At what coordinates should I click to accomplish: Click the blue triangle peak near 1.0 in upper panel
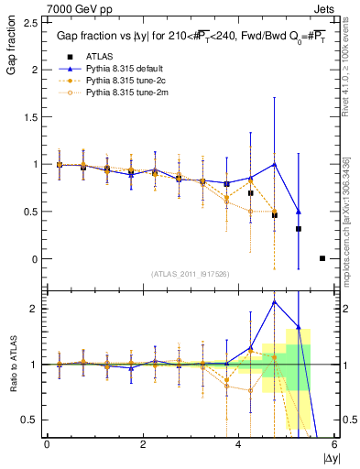pos(274,164)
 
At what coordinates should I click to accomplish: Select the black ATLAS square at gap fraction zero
pos(322,258)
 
